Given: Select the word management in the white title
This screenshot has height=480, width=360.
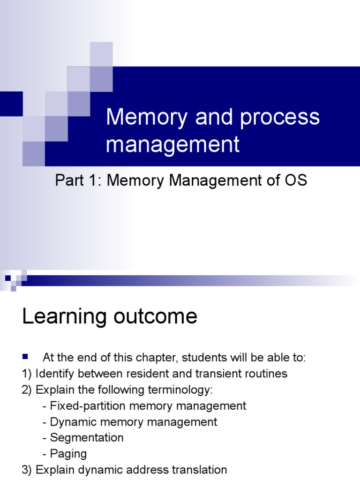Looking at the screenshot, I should pyautogui.click(x=172, y=144).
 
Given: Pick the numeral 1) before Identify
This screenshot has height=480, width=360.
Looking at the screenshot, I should pyautogui.click(x=27, y=374).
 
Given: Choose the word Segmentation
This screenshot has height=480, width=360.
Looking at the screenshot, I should pyautogui.click(x=87, y=438).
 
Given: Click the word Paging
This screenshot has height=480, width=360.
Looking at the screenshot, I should pyautogui.click(x=68, y=454).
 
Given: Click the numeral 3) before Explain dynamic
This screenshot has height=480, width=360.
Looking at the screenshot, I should pyautogui.click(x=27, y=470).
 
